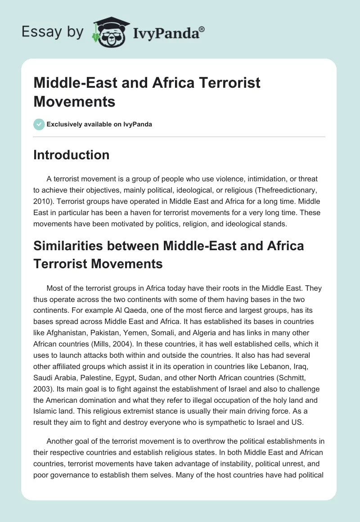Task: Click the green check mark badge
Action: [39, 124]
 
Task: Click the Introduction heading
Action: [72, 155]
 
